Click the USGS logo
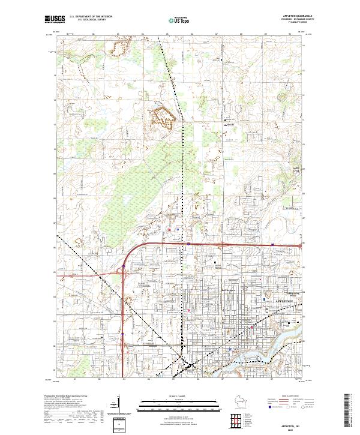[x=53, y=19]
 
